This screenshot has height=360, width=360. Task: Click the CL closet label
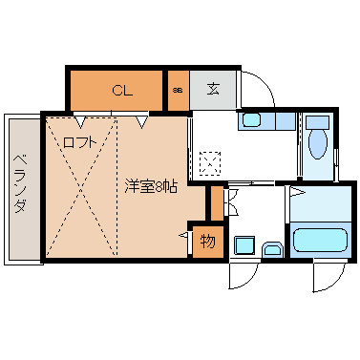pyautogui.click(x=121, y=92)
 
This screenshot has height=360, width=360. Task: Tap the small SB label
pyautogui.click(x=178, y=92)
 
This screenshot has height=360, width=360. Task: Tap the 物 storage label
pyautogui.click(x=207, y=242)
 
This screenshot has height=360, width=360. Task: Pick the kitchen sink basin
pyautogui.click(x=252, y=120)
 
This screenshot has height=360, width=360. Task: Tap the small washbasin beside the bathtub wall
pyautogui.click(x=272, y=250)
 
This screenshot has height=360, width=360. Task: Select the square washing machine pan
pyautogui.click(x=244, y=246)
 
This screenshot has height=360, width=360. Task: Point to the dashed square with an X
pyautogui.click(x=210, y=160)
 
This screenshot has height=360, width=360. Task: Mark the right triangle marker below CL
pyautogui.click(x=141, y=120)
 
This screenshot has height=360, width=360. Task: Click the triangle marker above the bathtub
pyautogui.click(x=297, y=193)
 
